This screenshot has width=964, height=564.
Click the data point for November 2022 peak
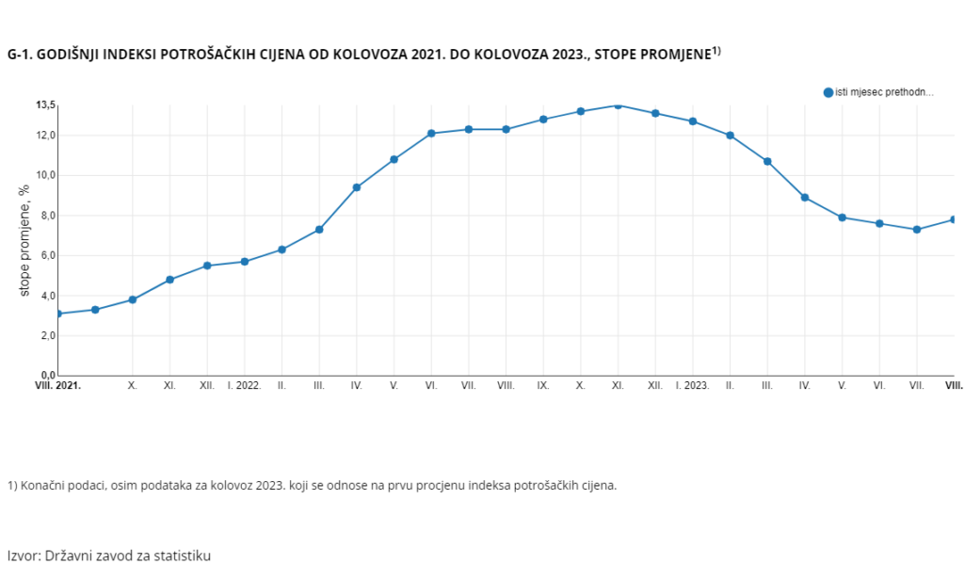click(x=618, y=105)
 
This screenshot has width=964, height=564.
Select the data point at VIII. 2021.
click(x=58, y=314)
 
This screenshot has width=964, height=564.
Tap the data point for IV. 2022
click(x=357, y=187)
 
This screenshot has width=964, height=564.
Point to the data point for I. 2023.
click(x=693, y=121)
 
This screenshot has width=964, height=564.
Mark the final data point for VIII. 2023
click(x=954, y=219)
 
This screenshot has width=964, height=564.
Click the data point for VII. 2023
click(x=917, y=230)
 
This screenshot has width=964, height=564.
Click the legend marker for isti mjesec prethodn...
click(x=828, y=92)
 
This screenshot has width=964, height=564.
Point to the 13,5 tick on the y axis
click(x=46, y=105)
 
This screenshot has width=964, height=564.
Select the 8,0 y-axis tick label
click(x=46, y=216)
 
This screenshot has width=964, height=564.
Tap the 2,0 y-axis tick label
click(x=46, y=336)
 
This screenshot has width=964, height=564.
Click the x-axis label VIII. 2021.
click(x=57, y=386)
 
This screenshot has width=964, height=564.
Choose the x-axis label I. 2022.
click(x=244, y=386)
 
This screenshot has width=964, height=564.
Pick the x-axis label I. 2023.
click(x=693, y=386)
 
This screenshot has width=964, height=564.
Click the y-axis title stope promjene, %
click(x=25, y=239)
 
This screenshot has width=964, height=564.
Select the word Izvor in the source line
click(x=24, y=556)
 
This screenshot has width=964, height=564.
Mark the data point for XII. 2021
click(x=207, y=266)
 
